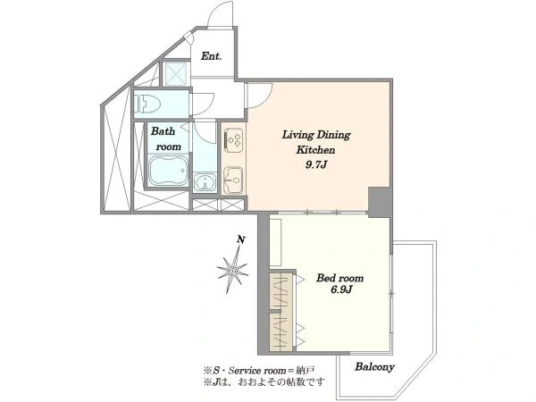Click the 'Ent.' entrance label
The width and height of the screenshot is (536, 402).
[x=211, y=56]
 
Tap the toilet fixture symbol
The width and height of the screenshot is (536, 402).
[x=147, y=104]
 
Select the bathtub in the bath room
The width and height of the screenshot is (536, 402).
[x=169, y=171]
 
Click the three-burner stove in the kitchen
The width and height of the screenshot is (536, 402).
[x=234, y=140]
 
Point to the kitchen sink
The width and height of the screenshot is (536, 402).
[x=233, y=180]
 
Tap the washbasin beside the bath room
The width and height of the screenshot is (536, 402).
[x=205, y=181]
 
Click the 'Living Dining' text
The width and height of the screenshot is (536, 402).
[x=316, y=135]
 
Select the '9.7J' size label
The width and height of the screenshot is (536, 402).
[x=316, y=165]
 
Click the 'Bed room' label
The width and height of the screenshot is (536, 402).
[x=339, y=278]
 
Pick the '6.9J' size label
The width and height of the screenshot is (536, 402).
[x=341, y=289]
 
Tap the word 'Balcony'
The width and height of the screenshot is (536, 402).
[x=374, y=367]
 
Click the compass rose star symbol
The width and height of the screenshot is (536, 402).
[x=233, y=270]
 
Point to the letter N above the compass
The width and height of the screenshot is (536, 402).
[x=242, y=240]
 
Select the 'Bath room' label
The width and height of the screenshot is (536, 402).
[x=166, y=138]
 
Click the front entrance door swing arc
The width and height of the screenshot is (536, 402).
[x=221, y=13]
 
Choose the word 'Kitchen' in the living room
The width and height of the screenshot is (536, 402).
[x=315, y=150]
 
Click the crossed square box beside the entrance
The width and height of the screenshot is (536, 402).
[x=175, y=73]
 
